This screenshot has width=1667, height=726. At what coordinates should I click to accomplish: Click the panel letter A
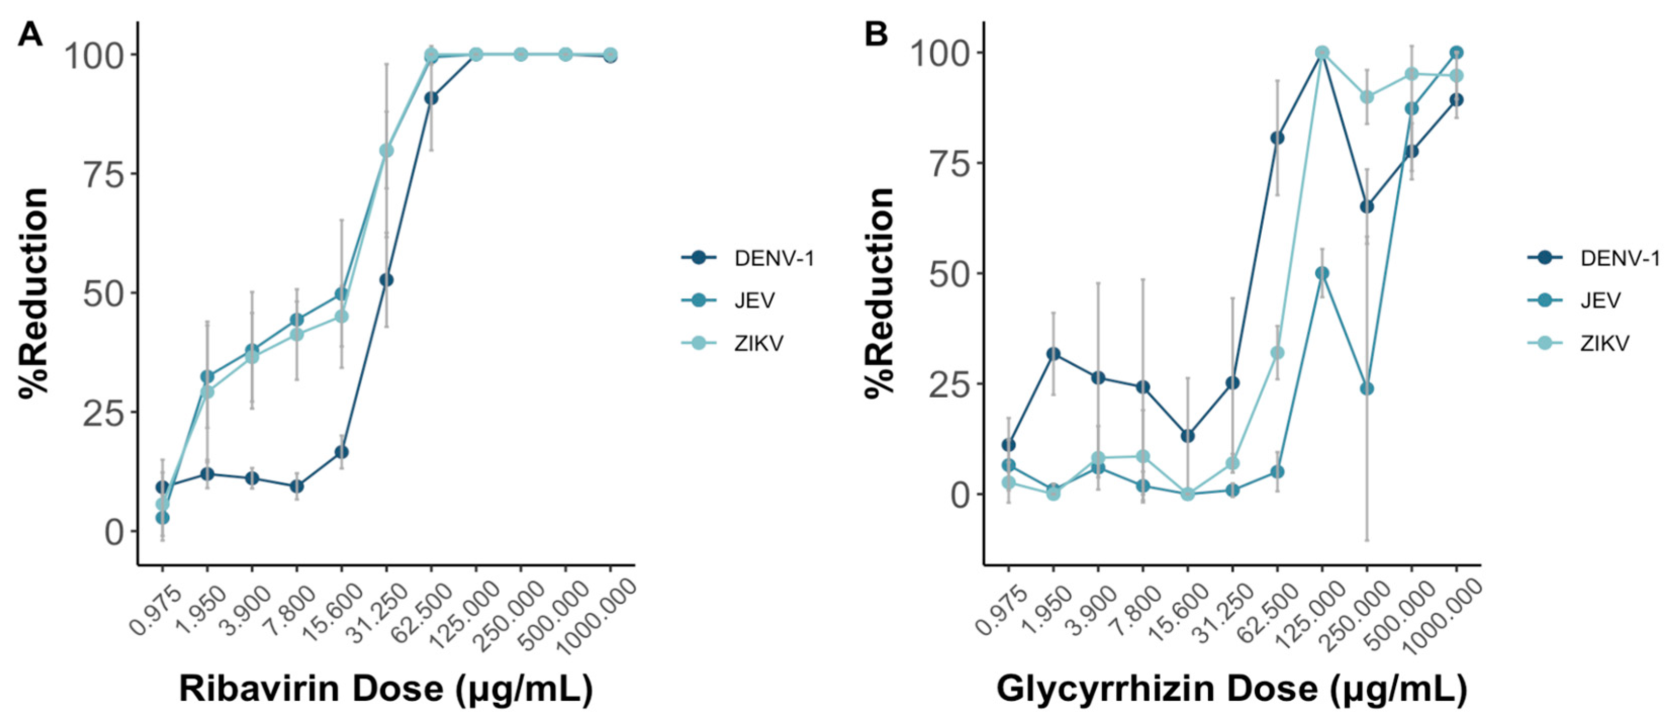(x=30, y=34)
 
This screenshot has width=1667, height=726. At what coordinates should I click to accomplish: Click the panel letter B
(x=877, y=34)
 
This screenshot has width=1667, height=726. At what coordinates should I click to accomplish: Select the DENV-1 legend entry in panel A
(x=773, y=259)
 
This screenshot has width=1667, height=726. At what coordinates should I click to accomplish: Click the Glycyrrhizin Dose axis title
(x=1231, y=689)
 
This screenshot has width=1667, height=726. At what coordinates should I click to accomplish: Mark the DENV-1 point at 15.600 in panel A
(x=342, y=452)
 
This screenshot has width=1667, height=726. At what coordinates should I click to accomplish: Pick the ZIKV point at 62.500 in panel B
(x=1277, y=353)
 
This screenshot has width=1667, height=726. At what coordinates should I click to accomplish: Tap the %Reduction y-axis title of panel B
(x=880, y=291)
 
